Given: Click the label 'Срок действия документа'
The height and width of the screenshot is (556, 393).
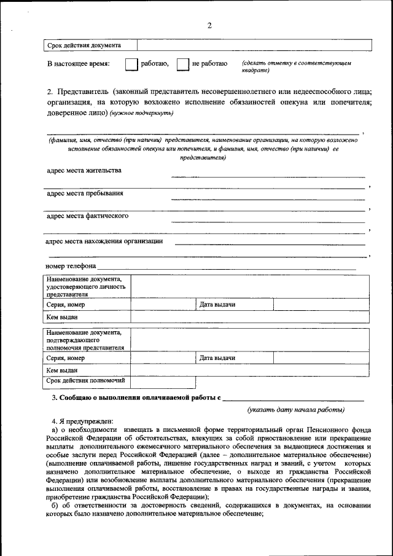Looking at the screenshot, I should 84,45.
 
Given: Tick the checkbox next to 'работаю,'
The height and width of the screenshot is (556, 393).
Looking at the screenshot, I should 130,65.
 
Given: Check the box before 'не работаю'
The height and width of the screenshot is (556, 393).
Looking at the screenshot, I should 182,65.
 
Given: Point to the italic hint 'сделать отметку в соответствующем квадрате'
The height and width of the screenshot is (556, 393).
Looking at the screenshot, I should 296,67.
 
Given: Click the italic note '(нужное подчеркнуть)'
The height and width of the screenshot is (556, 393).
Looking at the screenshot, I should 142,113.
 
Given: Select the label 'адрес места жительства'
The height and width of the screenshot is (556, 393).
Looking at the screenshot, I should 84,170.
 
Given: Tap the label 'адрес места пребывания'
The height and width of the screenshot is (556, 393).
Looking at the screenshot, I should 85,193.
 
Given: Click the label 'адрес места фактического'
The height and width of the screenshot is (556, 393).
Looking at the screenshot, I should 87,216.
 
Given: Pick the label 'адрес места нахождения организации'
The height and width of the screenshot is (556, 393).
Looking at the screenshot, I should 104,241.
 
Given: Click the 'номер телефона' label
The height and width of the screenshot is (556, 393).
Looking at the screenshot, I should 71,266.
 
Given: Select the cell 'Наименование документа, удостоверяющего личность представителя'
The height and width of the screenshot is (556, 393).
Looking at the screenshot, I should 86,287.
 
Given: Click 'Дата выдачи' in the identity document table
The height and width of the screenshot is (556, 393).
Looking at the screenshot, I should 217,305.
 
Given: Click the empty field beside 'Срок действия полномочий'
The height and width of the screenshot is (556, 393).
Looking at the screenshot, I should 163,382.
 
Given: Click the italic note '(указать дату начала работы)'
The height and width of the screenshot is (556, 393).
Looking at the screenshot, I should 295,410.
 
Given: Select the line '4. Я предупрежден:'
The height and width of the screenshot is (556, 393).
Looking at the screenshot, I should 82,421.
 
